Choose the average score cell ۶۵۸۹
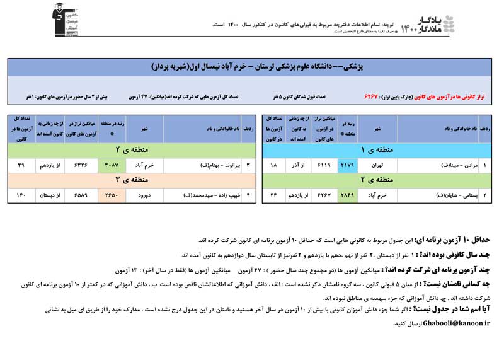pos(82,195)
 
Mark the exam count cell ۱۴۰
pos(21,195)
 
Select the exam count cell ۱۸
pos(273,165)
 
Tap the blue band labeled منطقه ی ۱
pos(376,150)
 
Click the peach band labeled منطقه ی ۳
pos(130,180)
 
